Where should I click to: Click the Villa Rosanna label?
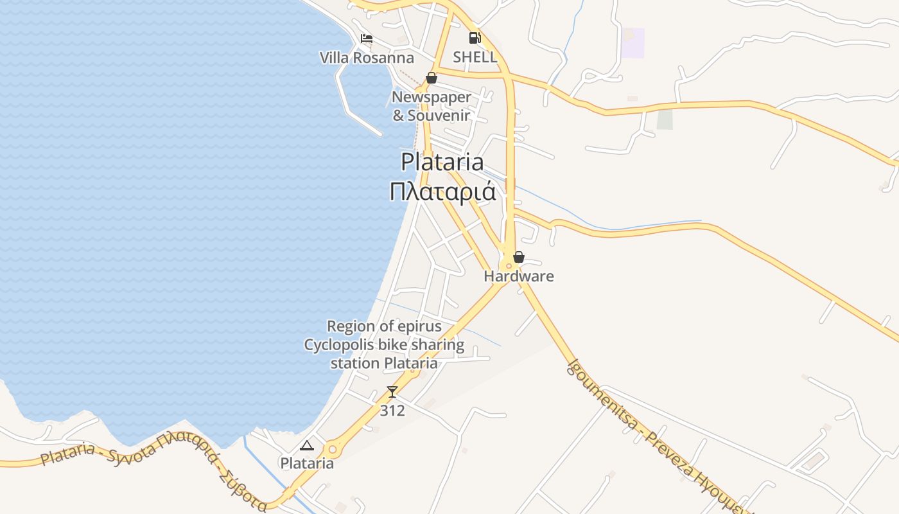click(367, 58)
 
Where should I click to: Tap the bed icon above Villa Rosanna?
click(367, 39)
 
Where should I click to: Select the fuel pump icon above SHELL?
click(475, 38)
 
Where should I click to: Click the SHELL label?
click(475, 57)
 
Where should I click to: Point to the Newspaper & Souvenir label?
click(432, 107)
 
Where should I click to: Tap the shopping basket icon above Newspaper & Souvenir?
click(432, 78)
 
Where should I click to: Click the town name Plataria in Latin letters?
click(442, 161)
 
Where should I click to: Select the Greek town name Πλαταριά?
click(443, 191)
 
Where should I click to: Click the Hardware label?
click(519, 277)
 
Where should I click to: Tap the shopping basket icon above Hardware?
click(519, 258)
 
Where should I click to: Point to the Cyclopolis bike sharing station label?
click(384, 345)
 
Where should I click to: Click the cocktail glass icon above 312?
click(392, 391)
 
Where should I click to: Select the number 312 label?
click(392, 410)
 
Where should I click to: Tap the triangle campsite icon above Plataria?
click(307, 445)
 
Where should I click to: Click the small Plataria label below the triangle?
click(307, 463)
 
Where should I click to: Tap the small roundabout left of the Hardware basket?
click(508, 265)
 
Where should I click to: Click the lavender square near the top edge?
click(633, 43)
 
